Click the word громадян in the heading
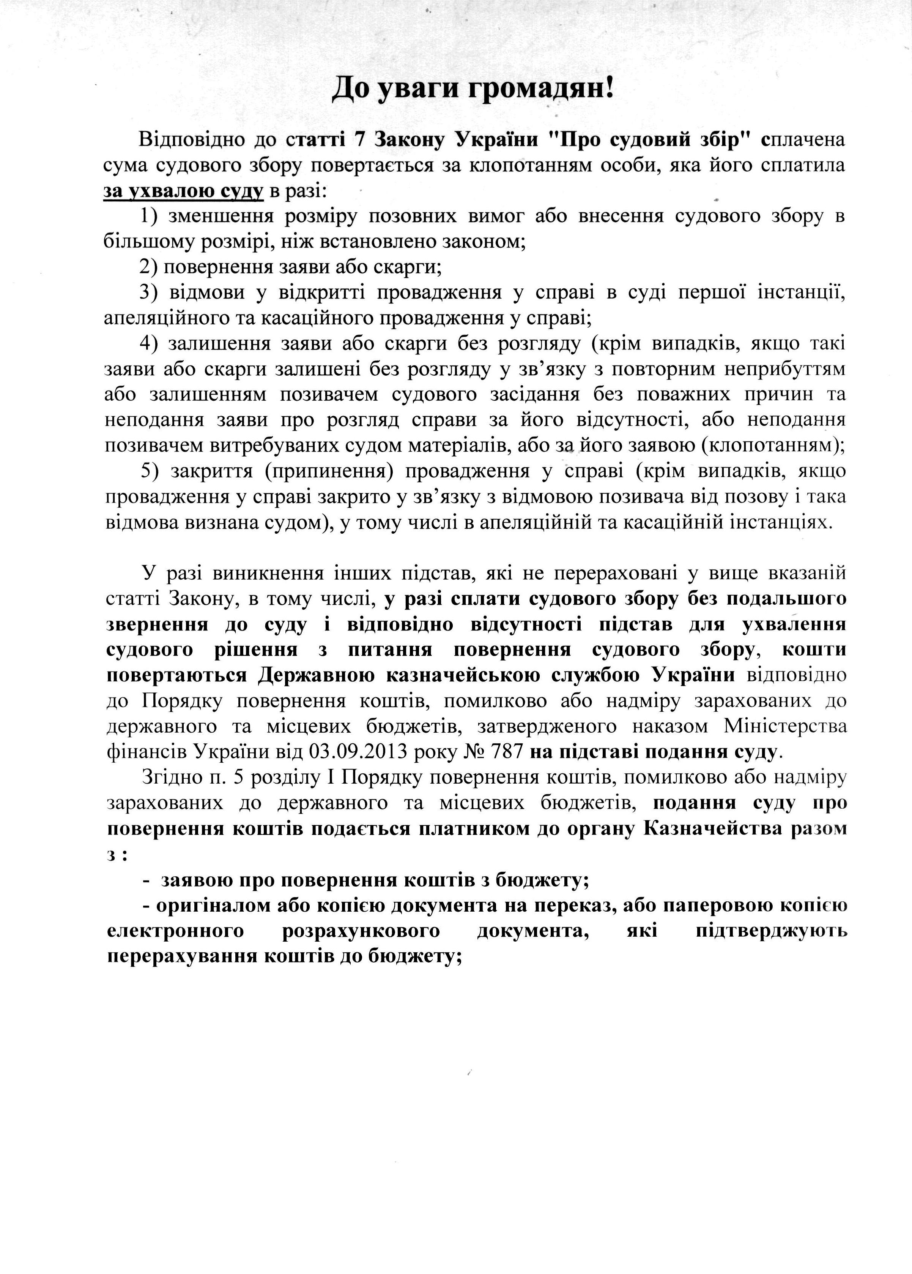click(x=538, y=89)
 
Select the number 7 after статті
click(x=354, y=139)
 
